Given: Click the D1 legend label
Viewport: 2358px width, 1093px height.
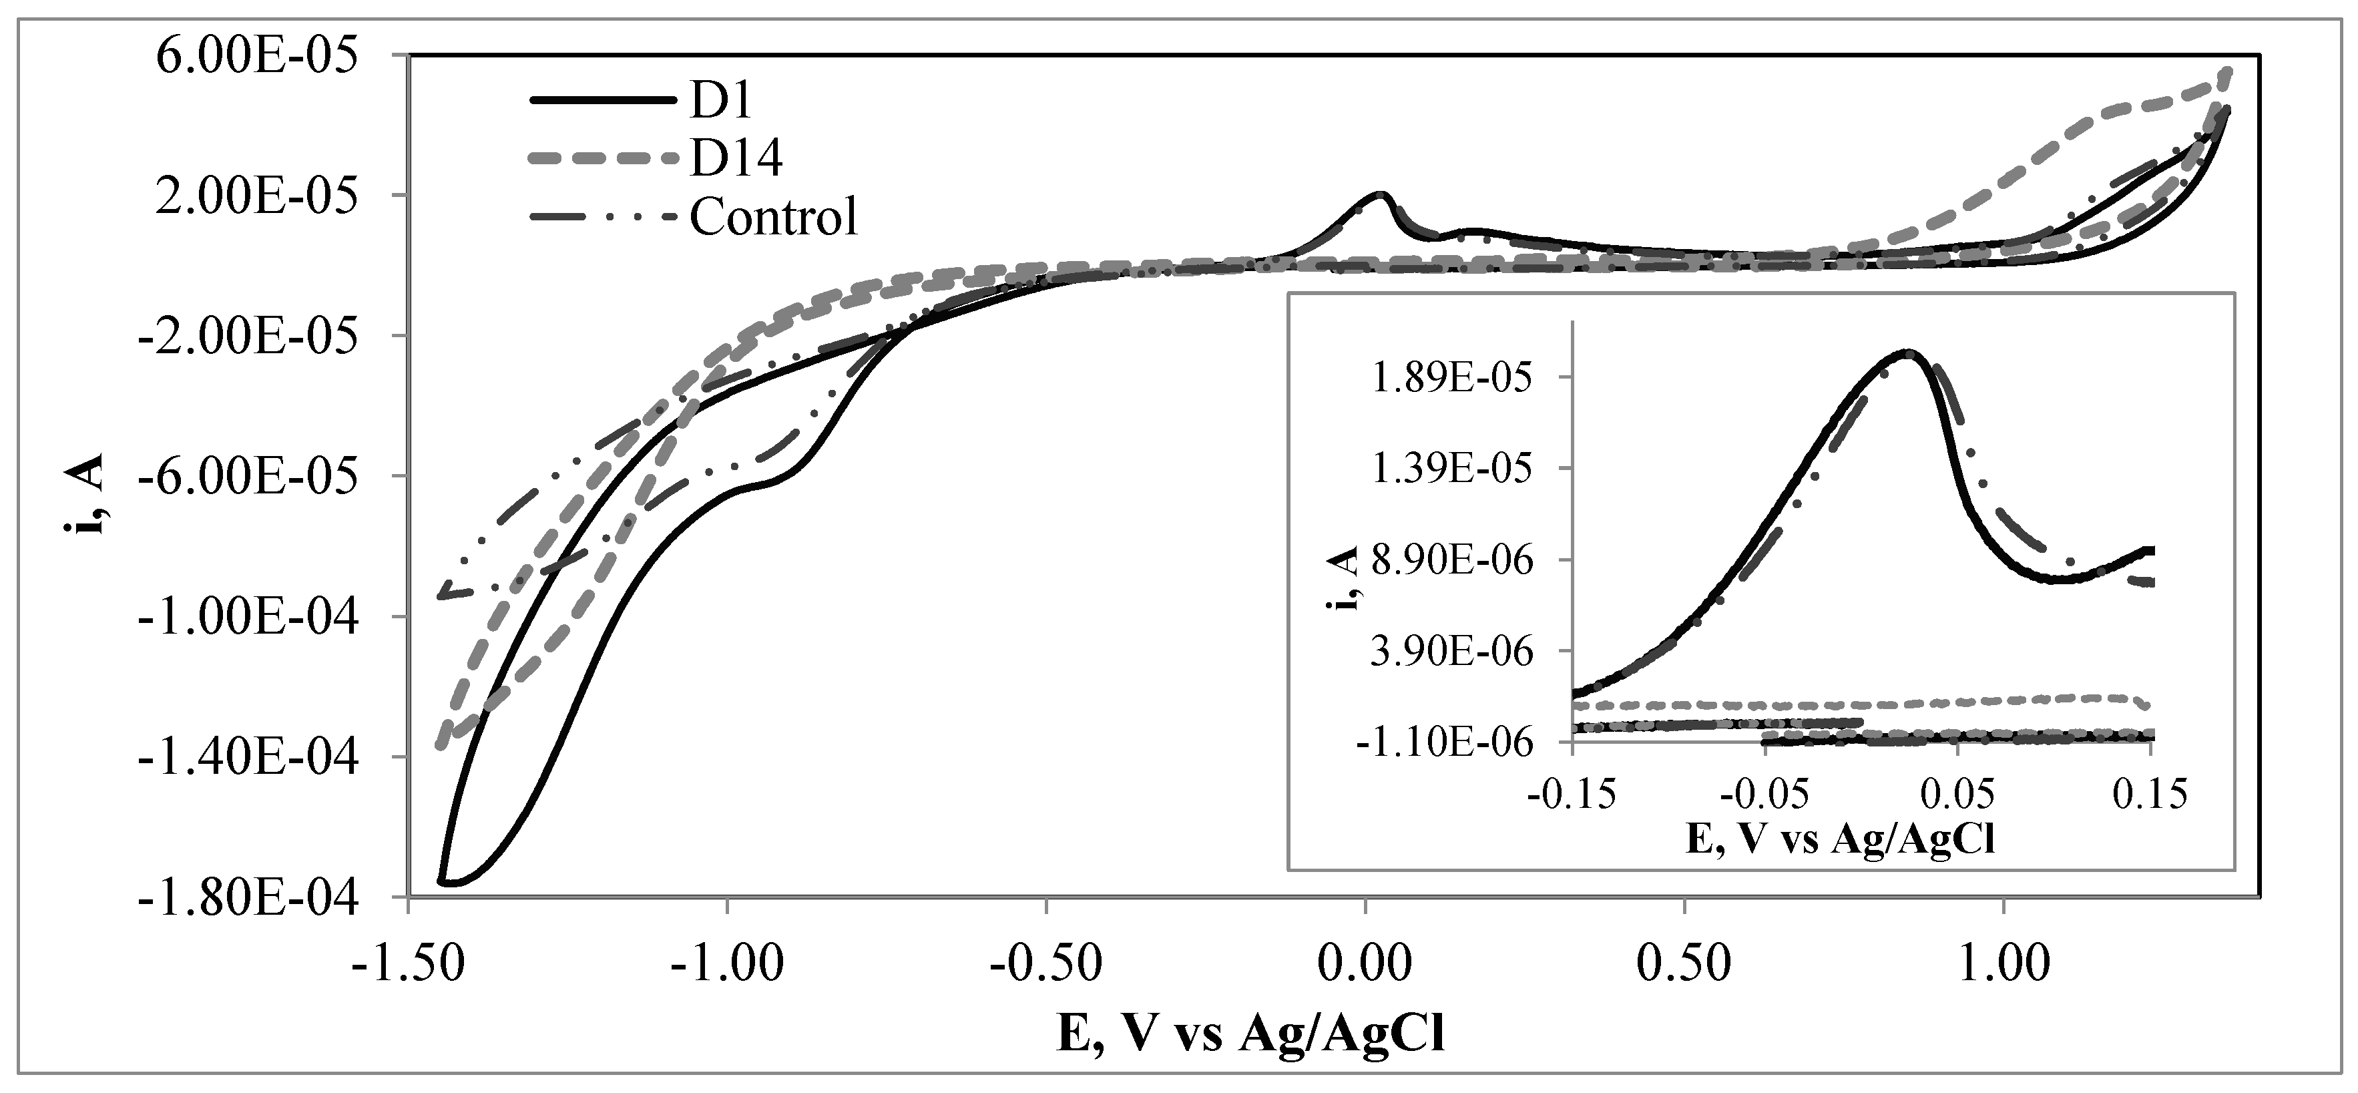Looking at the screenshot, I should (720, 101).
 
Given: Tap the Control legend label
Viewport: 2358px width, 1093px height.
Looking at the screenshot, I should (774, 217).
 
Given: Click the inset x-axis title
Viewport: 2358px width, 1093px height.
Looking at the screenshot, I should (1840, 839).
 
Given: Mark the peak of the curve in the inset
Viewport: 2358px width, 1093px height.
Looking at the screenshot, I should (1907, 353).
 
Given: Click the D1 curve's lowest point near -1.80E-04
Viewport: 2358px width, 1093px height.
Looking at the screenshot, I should (451, 883).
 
